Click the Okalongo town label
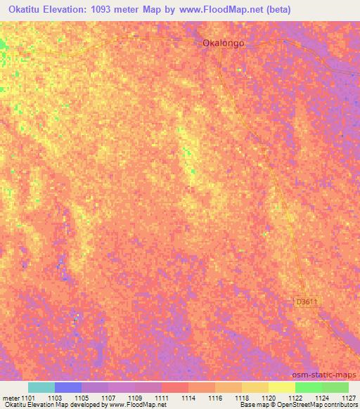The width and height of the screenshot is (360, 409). [224, 43]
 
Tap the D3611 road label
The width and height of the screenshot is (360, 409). [307, 301]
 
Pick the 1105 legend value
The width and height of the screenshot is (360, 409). [82, 398]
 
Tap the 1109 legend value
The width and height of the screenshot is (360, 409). [135, 398]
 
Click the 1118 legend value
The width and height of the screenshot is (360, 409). [242, 398]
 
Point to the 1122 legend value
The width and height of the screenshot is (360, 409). [295, 398]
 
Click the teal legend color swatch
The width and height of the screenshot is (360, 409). [41, 387]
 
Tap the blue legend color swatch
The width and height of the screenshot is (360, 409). [68, 387]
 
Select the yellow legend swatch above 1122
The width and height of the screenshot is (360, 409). [282, 387]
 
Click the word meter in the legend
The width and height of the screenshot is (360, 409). [10, 398]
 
